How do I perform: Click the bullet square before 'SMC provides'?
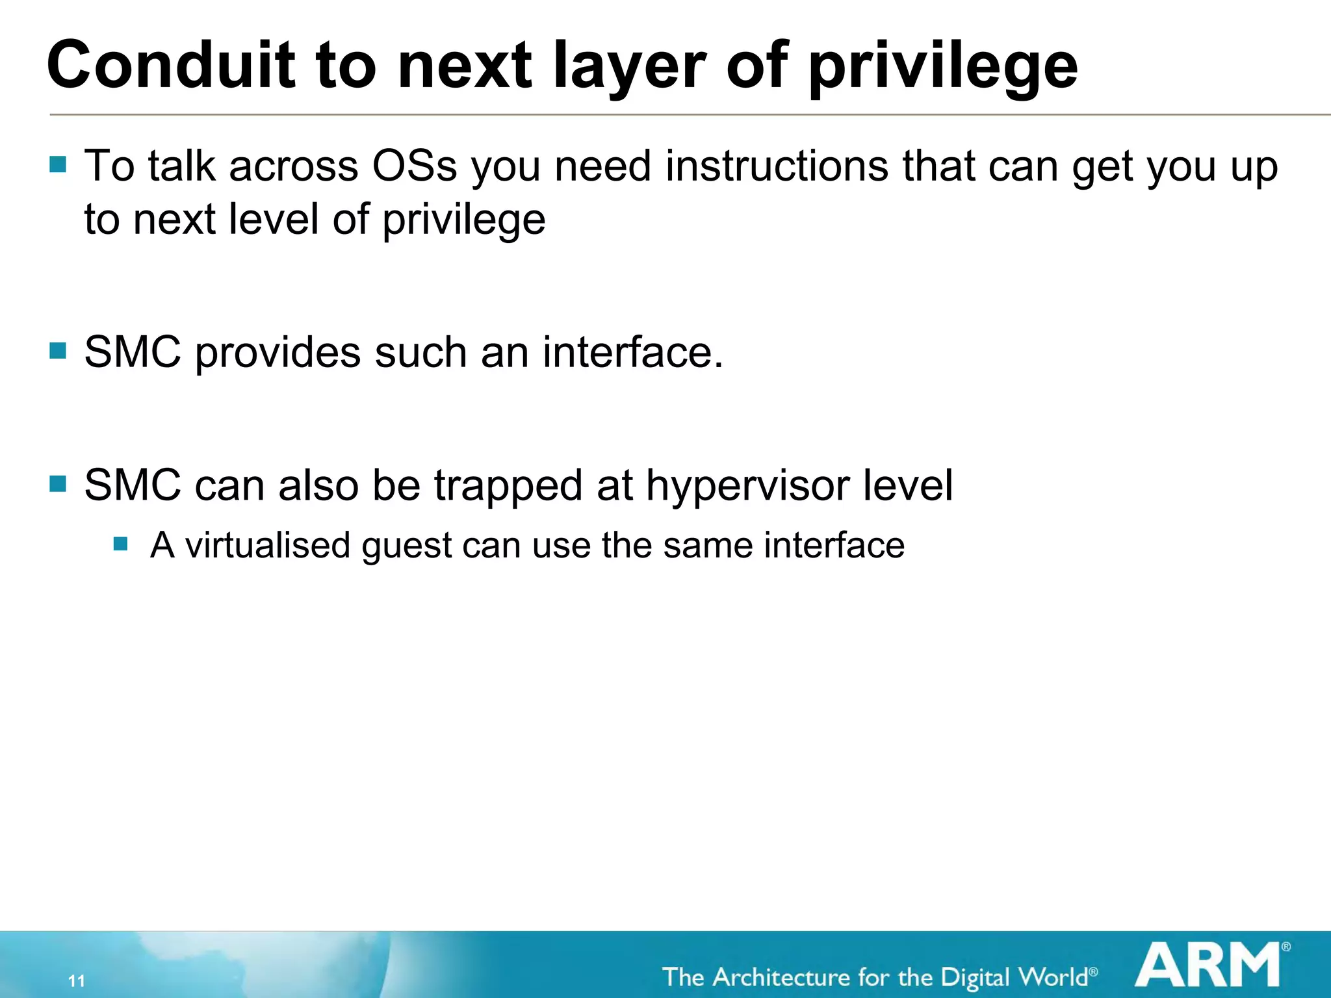point(58,351)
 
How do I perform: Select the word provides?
point(278,353)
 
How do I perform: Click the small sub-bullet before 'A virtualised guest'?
point(120,543)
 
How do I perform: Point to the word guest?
point(406,546)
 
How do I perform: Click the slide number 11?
point(77,980)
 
